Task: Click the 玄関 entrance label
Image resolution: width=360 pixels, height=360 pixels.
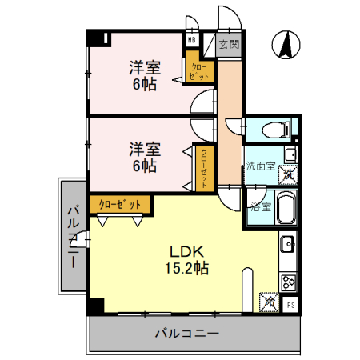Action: coord(229,46)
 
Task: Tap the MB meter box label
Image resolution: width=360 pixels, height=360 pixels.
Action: coord(192,39)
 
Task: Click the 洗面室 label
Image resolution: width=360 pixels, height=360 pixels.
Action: coord(260,167)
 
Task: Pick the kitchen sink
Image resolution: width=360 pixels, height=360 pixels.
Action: coord(288,243)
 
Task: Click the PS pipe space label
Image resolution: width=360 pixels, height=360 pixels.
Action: coord(290,304)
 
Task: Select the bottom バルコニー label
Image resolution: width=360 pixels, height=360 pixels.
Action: coord(186,333)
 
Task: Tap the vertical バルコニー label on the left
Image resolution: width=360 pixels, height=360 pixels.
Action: coord(73,236)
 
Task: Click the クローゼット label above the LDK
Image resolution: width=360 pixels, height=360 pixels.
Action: coord(120,205)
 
